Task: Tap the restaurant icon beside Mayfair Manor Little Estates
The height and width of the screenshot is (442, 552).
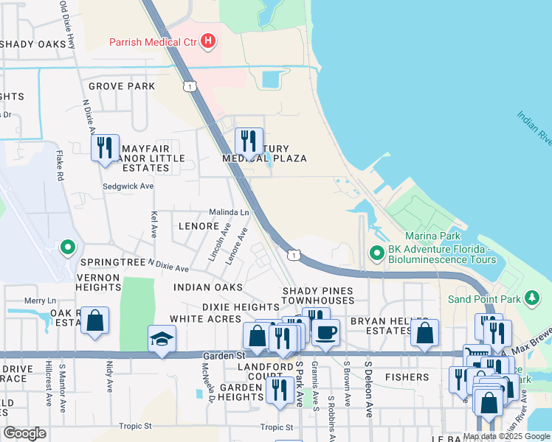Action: (105, 147)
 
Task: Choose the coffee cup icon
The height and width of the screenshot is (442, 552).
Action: (325, 331)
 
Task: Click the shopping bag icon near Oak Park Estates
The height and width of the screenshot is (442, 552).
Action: (94, 321)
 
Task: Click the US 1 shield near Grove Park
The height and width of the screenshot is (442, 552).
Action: (191, 86)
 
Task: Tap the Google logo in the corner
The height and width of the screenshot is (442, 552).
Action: (24, 433)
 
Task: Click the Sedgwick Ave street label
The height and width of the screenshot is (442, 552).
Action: (128, 186)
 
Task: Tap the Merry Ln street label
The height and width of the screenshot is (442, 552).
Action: (40, 301)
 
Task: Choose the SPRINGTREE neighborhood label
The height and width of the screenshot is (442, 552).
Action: (114, 262)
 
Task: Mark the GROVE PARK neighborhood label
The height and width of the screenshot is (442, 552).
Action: (122, 86)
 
